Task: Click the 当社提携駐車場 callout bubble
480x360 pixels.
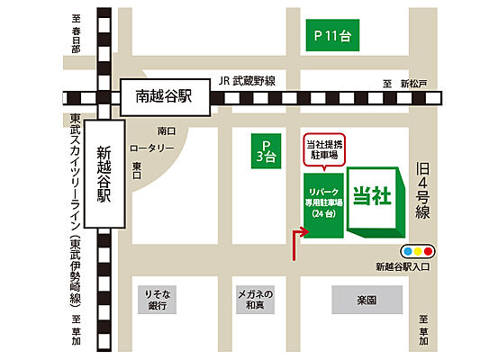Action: [x=322, y=151]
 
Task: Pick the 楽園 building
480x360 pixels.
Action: [x=366, y=298]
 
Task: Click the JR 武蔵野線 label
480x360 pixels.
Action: [x=247, y=80]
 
